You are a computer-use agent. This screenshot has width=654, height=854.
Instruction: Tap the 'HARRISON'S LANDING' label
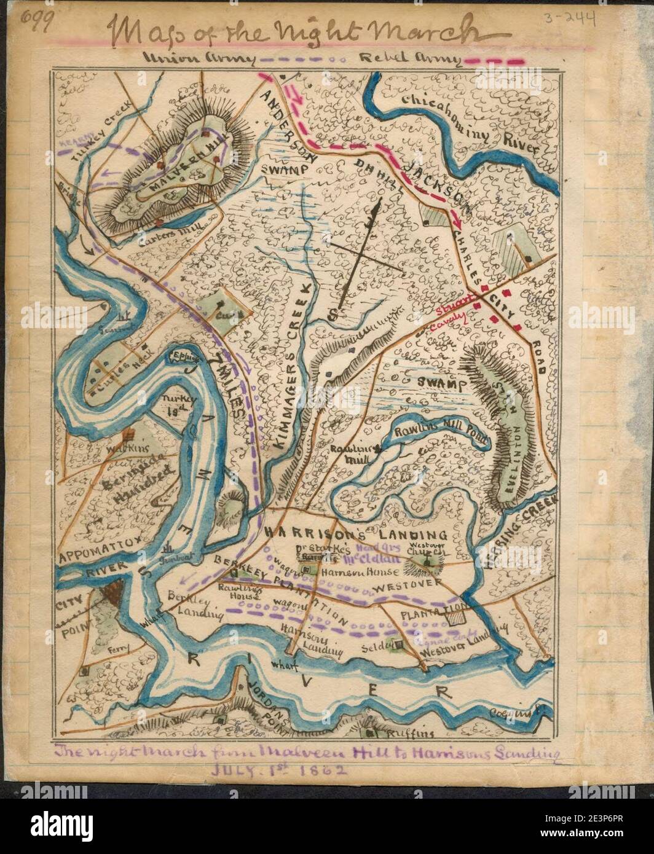click(357, 533)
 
